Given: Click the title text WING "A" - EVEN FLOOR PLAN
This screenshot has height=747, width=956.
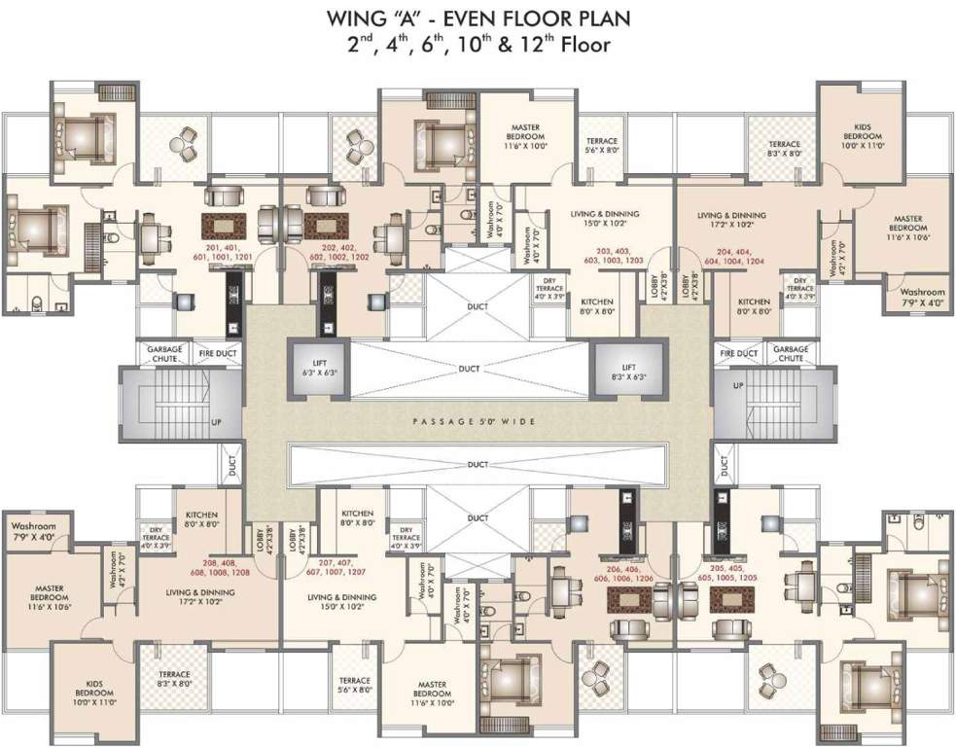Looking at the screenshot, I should (478, 18).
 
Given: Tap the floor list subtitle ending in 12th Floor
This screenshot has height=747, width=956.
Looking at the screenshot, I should (478, 45).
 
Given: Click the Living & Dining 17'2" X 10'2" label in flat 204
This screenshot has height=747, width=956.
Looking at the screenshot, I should (731, 221).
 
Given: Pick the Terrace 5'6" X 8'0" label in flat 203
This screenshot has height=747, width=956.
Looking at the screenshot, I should (602, 146).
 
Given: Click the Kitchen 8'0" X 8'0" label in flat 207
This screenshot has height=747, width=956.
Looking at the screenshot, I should (357, 518).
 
